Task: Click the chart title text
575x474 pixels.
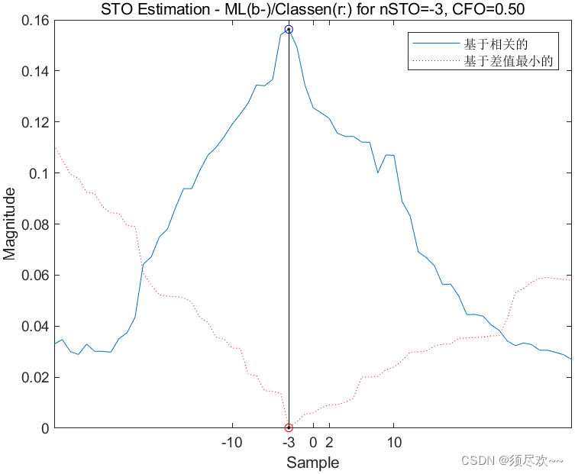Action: (x=313, y=9)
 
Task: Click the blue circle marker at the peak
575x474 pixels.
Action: (x=289, y=29)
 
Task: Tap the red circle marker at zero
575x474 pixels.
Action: (x=289, y=427)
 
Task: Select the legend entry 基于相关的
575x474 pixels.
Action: (x=496, y=44)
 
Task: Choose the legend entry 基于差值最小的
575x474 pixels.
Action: (x=508, y=61)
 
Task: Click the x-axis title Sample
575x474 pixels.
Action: (x=312, y=463)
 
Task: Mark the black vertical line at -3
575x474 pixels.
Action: (x=289, y=229)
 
